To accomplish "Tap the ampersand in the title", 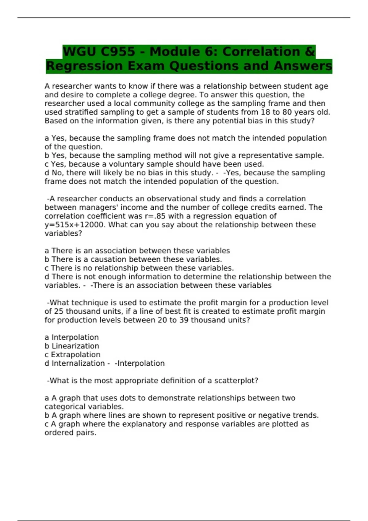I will click(x=310, y=51).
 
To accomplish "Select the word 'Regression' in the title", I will click(x=85, y=66).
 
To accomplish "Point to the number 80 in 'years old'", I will click(x=287, y=112).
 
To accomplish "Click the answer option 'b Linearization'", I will click(x=72, y=346).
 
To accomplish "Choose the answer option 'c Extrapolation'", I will click(x=73, y=355).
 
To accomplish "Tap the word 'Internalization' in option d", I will click(x=78, y=363).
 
